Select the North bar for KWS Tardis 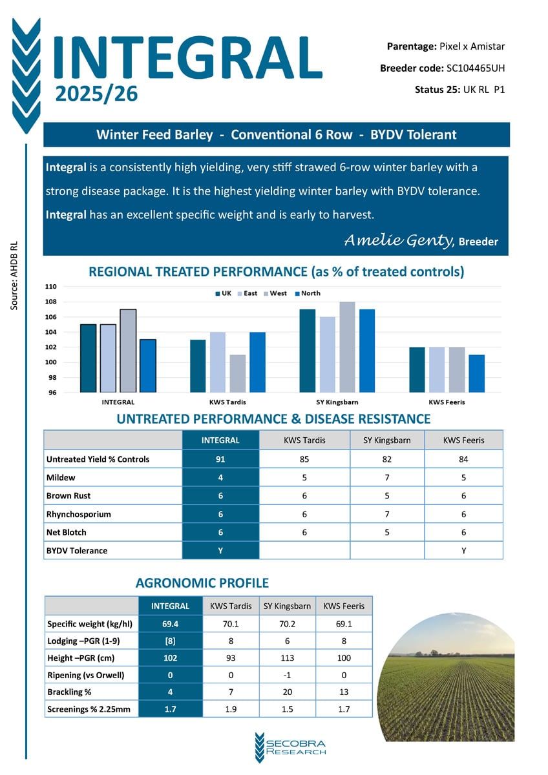pyautogui.click(x=258, y=362)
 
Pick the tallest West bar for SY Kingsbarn pyautogui.click(x=347, y=347)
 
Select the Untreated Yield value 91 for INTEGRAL pyautogui.click(x=220, y=459)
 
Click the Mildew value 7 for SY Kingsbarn pyautogui.click(x=386, y=478)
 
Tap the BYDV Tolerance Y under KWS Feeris pyautogui.click(x=463, y=550)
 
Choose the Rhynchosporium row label pyautogui.click(x=78, y=514)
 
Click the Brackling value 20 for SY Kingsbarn pyautogui.click(x=287, y=692)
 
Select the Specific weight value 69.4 pyautogui.click(x=170, y=624)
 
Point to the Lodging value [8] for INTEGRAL pyautogui.click(x=170, y=641)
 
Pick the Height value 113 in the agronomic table pyautogui.click(x=287, y=658)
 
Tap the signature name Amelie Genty pyautogui.click(x=399, y=240)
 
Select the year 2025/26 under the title pyautogui.click(x=97, y=94)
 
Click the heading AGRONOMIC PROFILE pyautogui.click(x=202, y=583)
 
